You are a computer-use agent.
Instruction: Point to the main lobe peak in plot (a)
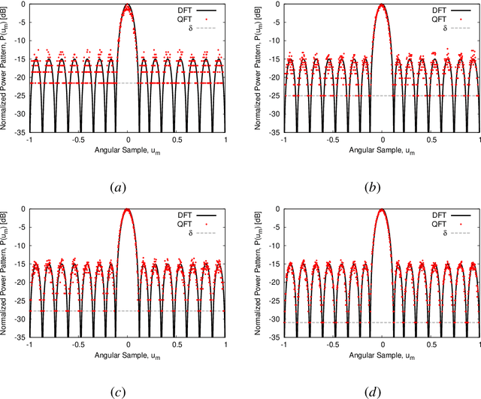128,6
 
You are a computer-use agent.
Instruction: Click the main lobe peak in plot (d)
383,210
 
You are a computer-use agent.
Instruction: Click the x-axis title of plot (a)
128,150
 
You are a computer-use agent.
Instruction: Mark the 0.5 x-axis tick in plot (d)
431,345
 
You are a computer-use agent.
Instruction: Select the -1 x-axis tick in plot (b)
284,141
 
